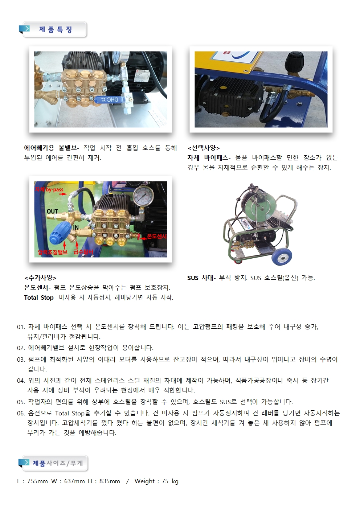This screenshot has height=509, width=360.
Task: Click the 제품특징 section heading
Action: [56, 29]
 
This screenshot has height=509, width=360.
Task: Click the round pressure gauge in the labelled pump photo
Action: [143, 196]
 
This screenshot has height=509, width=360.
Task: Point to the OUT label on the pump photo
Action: [53, 211]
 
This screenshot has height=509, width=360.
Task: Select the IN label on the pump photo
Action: [76, 227]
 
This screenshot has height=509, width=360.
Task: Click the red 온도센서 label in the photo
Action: [157, 236]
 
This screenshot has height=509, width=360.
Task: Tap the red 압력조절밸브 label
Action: [53, 252]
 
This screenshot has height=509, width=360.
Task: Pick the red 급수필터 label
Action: [83, 252]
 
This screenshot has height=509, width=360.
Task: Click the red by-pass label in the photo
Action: [49, 189]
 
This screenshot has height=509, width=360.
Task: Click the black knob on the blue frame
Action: [294, 61]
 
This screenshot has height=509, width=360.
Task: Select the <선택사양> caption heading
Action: [204, 148]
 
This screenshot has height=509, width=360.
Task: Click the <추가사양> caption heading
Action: [40, 278]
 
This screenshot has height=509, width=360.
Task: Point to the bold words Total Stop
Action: [39, 297]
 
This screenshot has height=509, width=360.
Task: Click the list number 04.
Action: [21, 381]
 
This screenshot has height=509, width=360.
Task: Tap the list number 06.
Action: [21, 413]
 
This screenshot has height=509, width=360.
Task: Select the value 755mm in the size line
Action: [37, 481]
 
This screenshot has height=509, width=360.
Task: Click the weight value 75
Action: [165, 481]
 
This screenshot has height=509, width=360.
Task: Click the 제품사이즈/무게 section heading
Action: [58, 463]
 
